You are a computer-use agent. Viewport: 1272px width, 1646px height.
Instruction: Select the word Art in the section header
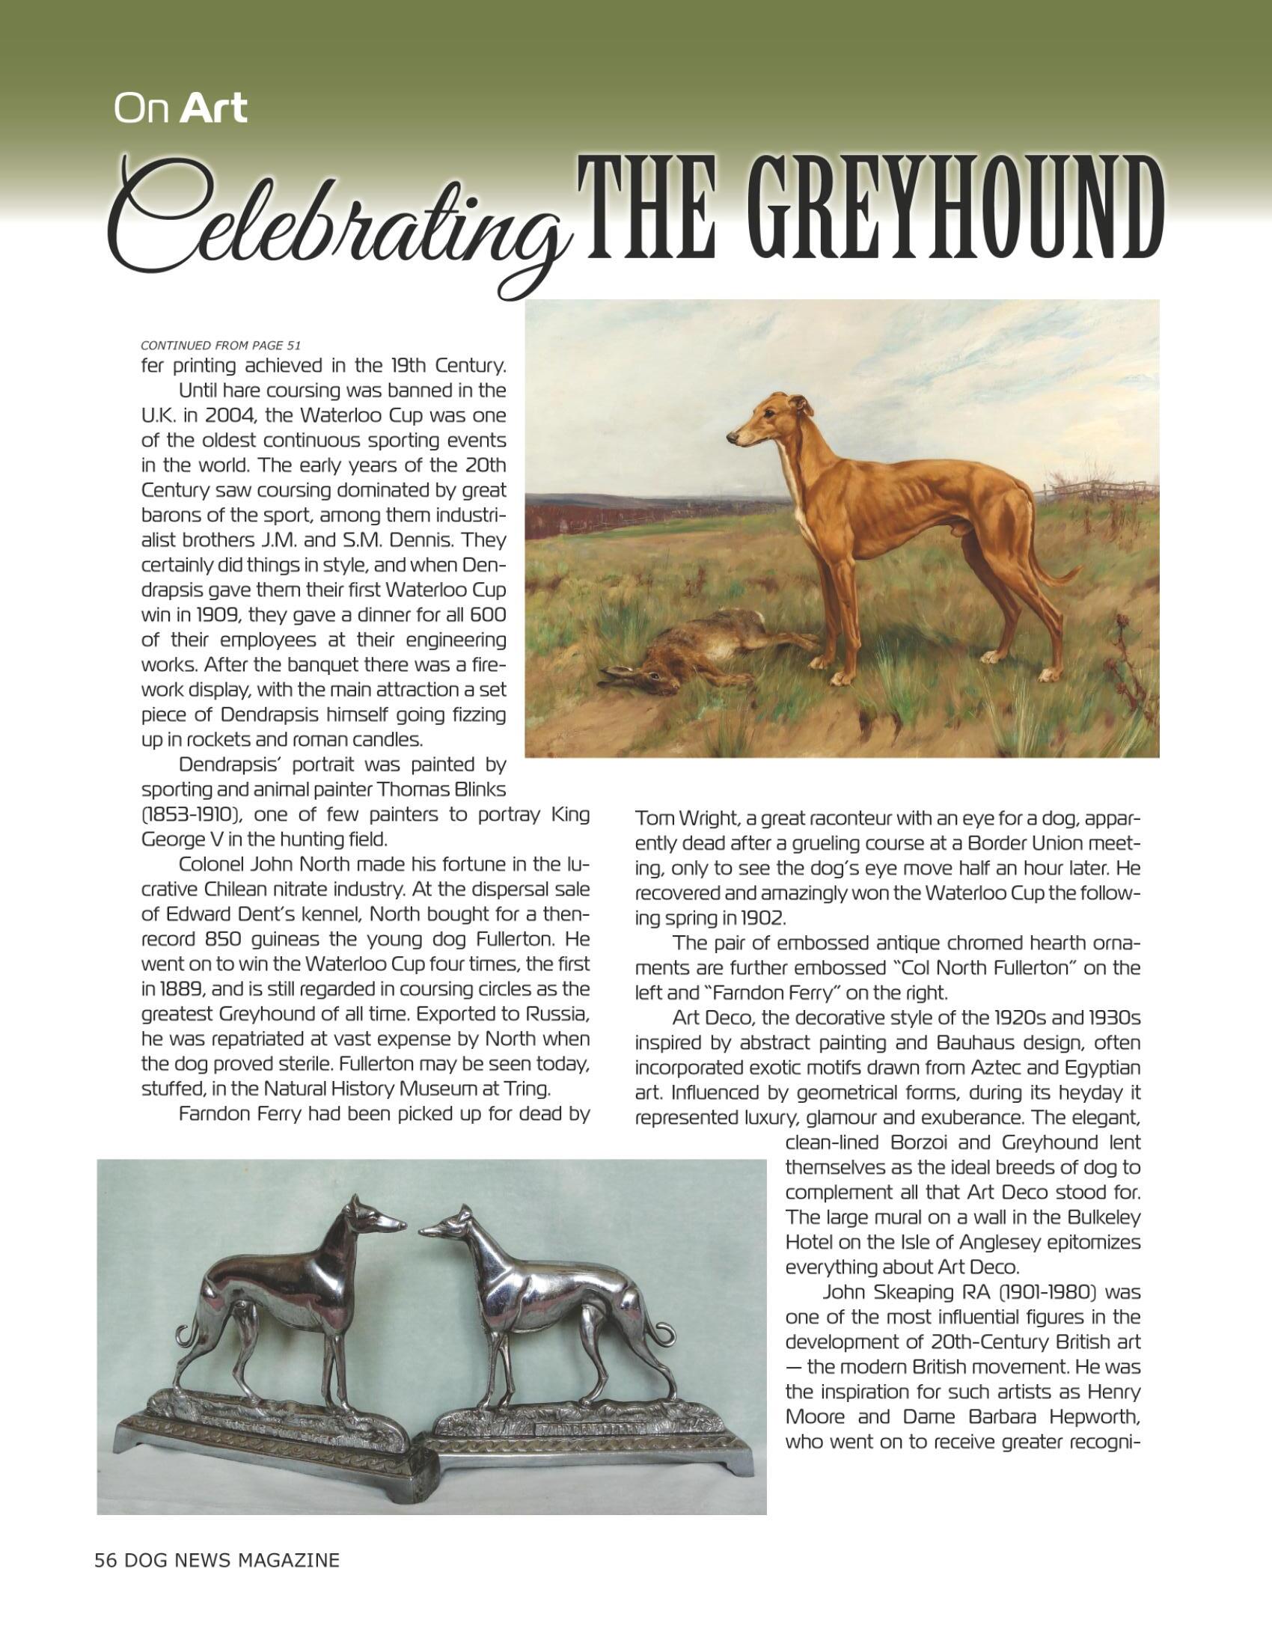pyautogui.click(x=214, y=108)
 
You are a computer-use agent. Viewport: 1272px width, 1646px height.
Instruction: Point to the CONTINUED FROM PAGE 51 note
pyautogui.click(x=221, y=345)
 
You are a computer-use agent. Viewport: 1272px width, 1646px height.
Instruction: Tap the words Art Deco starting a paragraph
pyautogui.click(x=713, y=1018)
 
